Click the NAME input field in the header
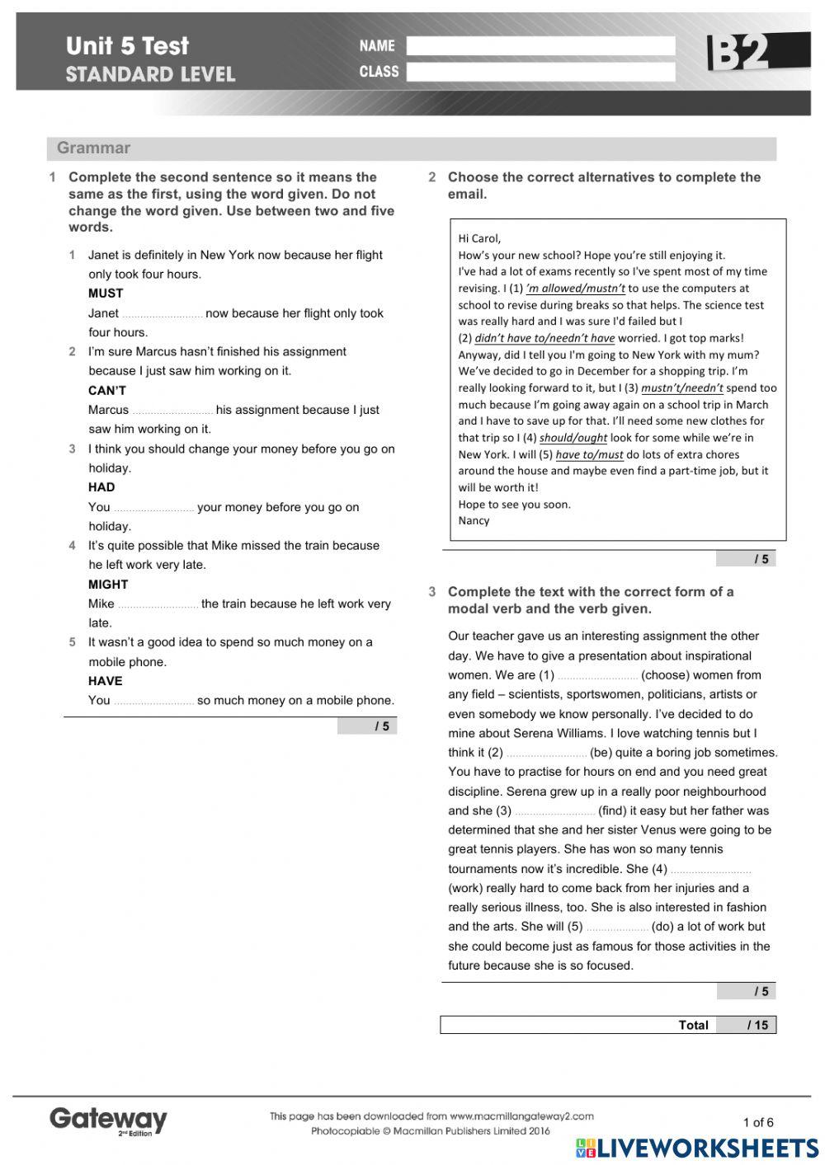(x=540, y=46)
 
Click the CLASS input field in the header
(x=540, y=72)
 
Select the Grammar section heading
(x=93, y=148)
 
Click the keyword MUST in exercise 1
(x=106, y=294)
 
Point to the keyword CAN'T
(x=107, y=391)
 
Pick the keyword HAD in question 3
(x=101, y=487)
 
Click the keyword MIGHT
(x=108, y=585)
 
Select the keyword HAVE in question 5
(x=106, y=681)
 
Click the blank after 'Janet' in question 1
(x=162, y=314)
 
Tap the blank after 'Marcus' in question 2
(x=172, y=411)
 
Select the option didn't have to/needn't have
(x=544, y=338)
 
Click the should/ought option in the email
(x=573, y=438)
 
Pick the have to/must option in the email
(x=589, y=454)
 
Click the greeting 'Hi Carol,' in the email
(x=479, y=238)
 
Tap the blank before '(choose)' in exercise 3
(x=597, y=675)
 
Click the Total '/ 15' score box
(x=746, y=1025)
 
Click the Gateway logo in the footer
(x=108, y=1120)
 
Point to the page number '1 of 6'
(x=758, y=1122)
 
